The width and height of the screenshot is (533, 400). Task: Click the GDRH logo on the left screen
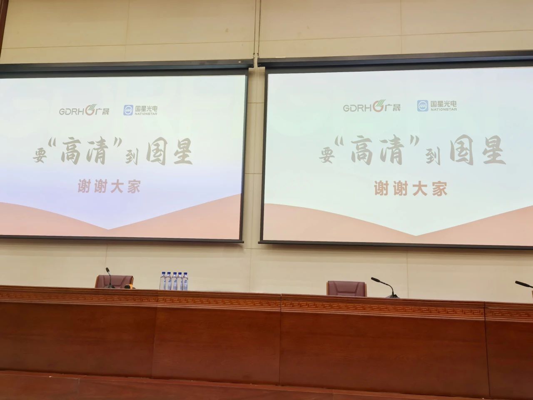(84, 111)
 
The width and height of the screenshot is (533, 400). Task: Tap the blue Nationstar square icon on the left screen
(127, 110)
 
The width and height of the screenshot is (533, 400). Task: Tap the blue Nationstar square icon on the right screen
(423, 106)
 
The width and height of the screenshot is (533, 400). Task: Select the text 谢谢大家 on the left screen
(109, 187)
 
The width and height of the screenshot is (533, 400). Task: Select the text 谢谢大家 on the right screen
(410, 189)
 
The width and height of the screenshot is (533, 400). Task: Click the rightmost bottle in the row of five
(185, 281)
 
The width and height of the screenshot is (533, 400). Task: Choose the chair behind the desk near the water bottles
(115, 281)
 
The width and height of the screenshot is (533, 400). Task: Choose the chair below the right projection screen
(346, 288)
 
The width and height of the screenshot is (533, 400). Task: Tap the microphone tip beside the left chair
(107, 270)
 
